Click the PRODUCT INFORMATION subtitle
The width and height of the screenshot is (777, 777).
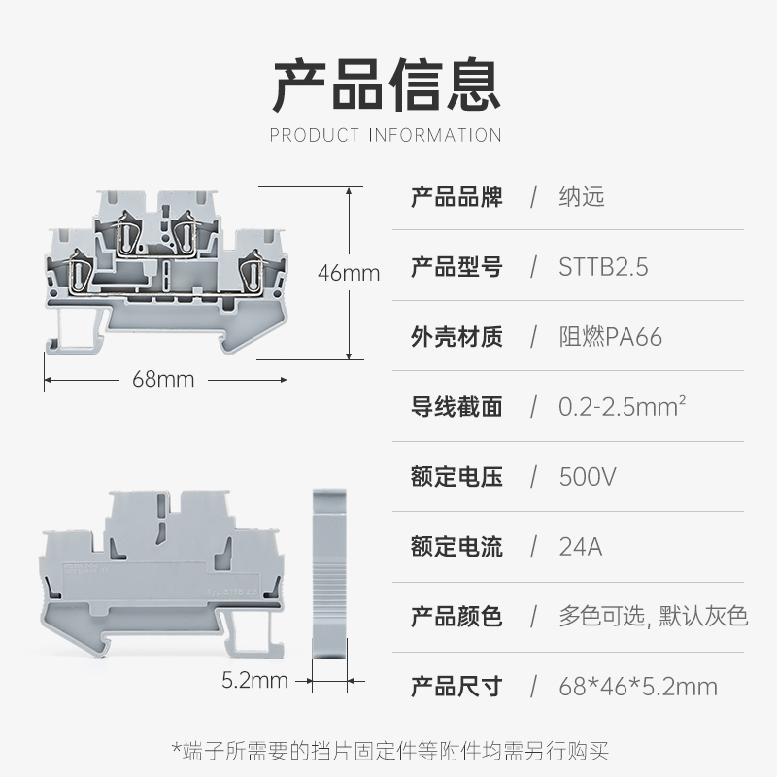tap(387, 135)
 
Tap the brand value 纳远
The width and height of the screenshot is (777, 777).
tap(582, 197)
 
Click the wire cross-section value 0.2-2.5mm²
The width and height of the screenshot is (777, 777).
tap(623, 407)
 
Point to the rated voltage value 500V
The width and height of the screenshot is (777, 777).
tap(589, 477)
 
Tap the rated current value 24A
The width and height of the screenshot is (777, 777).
tap(581, 547)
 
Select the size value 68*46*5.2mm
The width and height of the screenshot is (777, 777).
tap(638, 687)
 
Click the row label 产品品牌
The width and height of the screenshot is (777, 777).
tap(456, 197)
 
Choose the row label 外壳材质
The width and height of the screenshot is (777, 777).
tap(456, 337)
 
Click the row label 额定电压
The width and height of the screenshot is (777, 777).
tap(456, 477)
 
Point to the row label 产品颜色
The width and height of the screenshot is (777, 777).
tap(456, 617)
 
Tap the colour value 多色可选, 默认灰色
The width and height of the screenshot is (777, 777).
tap(654, 617)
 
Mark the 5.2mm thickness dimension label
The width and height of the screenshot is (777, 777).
tap(254, 680)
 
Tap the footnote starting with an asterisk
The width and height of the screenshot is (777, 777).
tap(388, 750)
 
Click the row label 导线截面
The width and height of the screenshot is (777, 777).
tap(456, 407)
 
